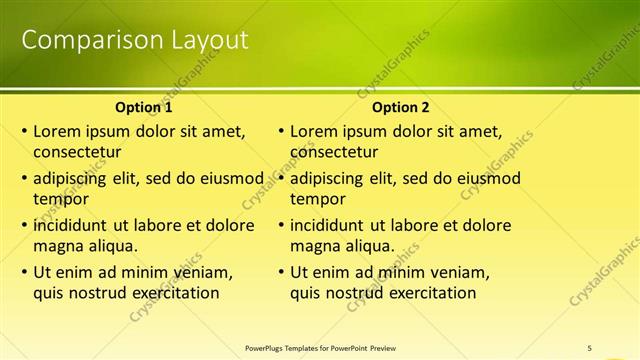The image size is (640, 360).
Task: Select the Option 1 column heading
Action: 144,107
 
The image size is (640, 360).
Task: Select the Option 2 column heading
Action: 400,107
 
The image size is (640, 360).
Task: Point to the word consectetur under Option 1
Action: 77,153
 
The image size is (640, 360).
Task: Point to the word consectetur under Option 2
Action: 334,153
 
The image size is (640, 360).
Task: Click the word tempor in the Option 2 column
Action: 316,199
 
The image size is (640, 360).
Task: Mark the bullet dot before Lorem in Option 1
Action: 24,131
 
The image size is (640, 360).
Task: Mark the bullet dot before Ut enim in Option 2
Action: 281,271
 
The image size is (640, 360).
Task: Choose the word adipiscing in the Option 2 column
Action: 328,179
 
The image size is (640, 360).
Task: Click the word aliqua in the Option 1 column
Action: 111,245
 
